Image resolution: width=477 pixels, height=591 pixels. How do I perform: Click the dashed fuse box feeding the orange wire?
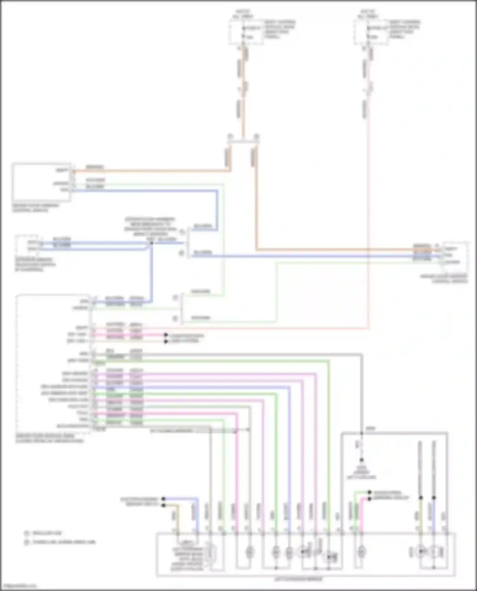(x=245, y=32)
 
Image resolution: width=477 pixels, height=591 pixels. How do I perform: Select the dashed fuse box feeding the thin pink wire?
(x=370, y=32)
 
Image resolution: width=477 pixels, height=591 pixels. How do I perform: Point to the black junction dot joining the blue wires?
(x=151, y=243)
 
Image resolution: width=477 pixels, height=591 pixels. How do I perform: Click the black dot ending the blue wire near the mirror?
(x=163, y=499)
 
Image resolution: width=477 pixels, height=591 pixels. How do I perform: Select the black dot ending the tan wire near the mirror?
(x=163, y=505)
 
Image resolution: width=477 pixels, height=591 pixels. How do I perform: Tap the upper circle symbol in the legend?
(x=27, y=533)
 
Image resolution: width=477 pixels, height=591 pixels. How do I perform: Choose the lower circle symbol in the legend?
(x=27, y=542)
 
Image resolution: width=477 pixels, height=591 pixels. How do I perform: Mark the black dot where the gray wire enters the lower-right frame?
(x=362, y=433)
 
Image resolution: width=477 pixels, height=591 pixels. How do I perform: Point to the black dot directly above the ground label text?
(x=362, y=460)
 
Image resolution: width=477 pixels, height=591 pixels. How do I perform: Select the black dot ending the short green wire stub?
(x=370, y=492)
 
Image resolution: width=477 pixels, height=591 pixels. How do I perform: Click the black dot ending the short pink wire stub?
(x=370, y=499)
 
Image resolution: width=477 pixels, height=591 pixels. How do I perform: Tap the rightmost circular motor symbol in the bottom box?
(x=434, y=552)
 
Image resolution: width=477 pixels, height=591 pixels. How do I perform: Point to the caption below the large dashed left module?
(x=49, y=438)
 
